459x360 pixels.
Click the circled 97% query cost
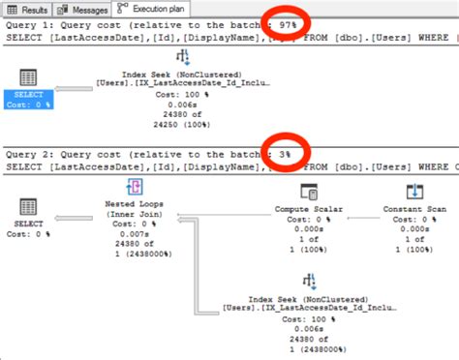pyautogui.click(x=288, y=22)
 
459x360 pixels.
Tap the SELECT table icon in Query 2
pyautogui.click(x=28, y=205)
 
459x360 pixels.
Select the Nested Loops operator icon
pyautogui.click(x=137, y=188)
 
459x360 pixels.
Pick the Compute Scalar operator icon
pyautogui.click(x=310, y=191)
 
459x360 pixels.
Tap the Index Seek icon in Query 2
pyautogui.click(x=310, y=280)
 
